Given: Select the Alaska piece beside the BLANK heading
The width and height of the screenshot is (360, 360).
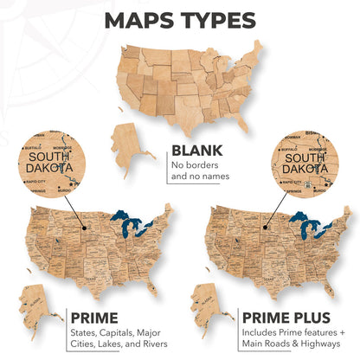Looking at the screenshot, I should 131,146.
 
